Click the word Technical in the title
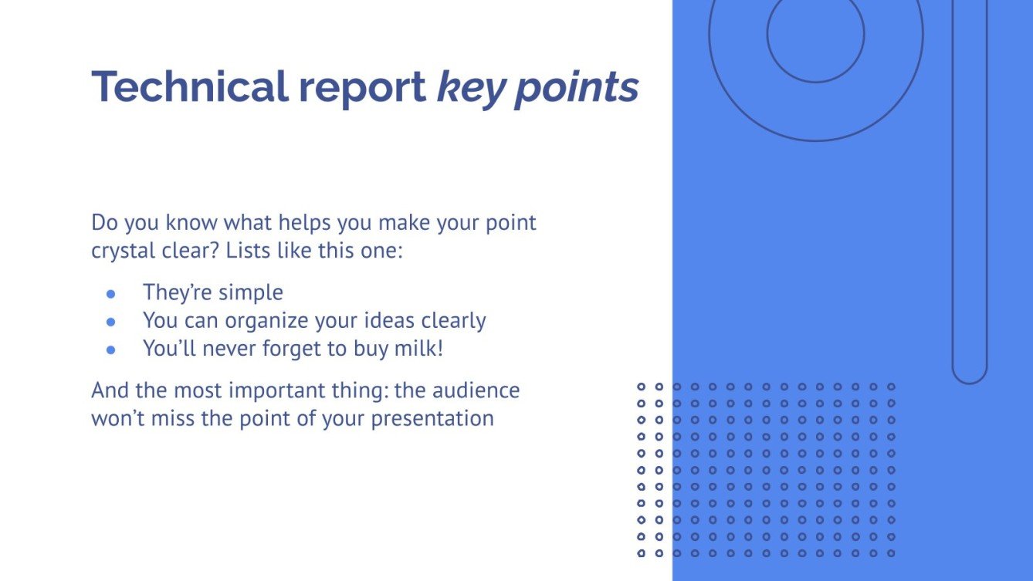pyautogui.click(x=188, y=86)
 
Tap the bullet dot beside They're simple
pyautogui.click(x=110, y=294)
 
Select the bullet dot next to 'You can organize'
pyautogui.click(x=110, y=321)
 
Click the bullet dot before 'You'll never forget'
pyautogui.click(x=110, y=349)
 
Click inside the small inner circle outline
pyautogui.click(x=815, y=34)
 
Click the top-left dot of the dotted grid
pyautogui.click(x=641, y=386)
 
